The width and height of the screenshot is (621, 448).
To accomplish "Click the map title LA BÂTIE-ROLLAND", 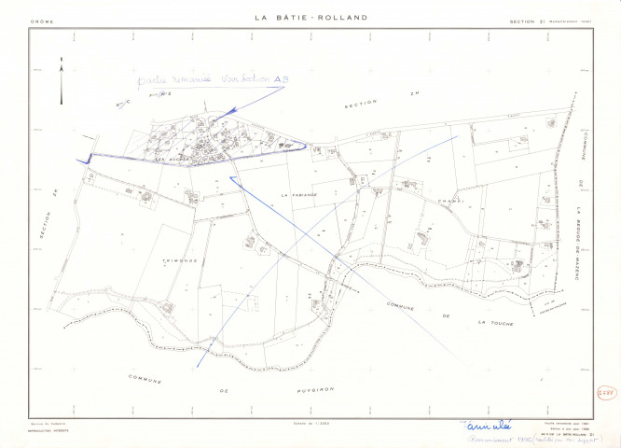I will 310,18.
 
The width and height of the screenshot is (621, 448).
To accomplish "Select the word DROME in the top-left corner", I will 43,20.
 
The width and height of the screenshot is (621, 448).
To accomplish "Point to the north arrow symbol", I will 61,78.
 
